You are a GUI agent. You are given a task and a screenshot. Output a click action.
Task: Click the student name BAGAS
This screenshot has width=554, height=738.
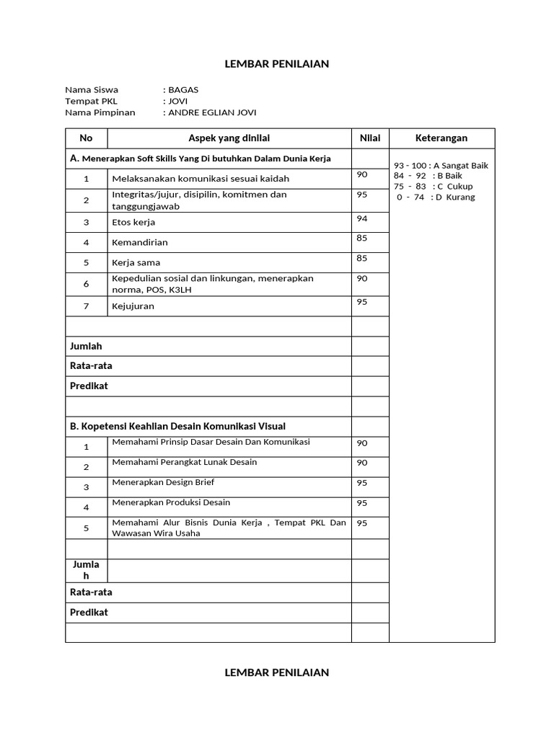click(183, 90)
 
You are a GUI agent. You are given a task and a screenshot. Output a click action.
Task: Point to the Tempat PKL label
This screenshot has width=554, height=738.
click(91, 102)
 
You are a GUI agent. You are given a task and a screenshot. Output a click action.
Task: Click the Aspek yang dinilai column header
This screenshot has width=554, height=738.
click(229, 138)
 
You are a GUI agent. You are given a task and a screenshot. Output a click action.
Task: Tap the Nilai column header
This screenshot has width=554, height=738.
click(370, 138)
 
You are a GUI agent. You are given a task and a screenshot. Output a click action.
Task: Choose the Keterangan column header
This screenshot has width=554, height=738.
click(441, 138)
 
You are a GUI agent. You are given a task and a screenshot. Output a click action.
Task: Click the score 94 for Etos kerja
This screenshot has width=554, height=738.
click(362, 218)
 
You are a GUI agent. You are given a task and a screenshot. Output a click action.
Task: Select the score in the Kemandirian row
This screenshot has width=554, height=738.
click(362, 239)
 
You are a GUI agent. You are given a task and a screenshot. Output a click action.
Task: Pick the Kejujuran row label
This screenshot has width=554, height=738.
click(133, 306)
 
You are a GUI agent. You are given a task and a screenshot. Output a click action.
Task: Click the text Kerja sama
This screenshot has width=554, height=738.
click(136, 263)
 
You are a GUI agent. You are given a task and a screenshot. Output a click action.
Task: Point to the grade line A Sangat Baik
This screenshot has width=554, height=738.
click(441, 166)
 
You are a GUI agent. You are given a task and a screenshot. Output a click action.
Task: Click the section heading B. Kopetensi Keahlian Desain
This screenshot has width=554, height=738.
click(183, 427)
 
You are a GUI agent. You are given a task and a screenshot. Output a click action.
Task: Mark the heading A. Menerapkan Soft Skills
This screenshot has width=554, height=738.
click(200, 159)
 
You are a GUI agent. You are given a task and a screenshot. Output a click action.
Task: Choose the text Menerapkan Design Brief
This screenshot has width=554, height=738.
click(163, 482)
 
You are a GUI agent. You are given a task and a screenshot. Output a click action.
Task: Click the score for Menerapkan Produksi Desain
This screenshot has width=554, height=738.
click(362, 503)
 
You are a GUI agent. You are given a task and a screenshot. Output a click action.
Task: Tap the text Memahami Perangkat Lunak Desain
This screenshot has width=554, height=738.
click(185, 462)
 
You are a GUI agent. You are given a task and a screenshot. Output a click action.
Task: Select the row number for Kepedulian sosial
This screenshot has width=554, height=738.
click(86, 284)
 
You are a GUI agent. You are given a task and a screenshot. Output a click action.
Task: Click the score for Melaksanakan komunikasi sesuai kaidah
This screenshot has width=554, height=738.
click(362, 174)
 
